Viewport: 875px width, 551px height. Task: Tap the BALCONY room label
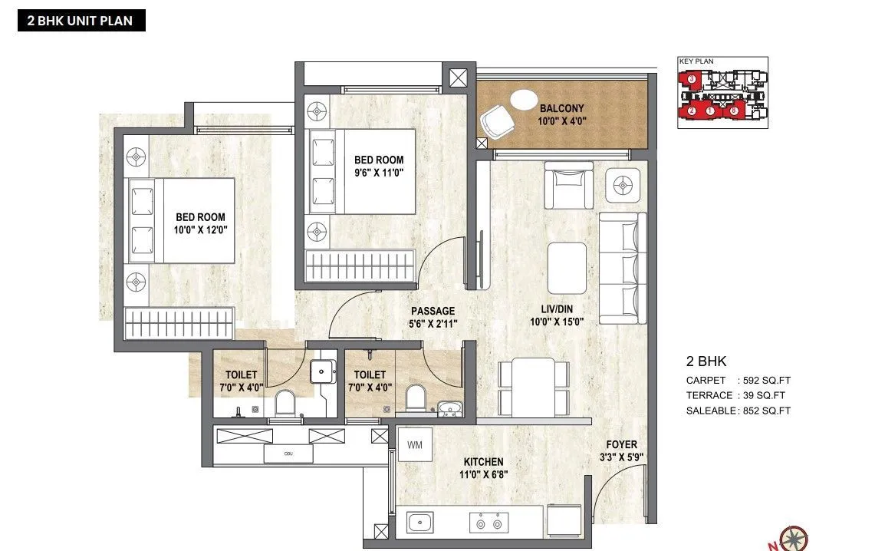(561, 109)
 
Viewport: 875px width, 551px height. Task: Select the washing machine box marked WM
(414, 444)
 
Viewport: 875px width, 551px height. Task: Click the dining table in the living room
(534, 386)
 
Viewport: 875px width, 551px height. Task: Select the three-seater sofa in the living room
(622, 267)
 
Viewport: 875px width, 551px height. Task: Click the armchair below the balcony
(568, 185)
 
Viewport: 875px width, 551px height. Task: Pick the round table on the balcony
(525, 101)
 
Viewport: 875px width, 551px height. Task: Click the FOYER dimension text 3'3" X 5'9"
(620, 457)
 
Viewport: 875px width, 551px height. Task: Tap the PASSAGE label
(433, 311)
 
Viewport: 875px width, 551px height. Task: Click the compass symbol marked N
(791, 538)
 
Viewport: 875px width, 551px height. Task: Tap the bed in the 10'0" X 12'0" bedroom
(181, 220)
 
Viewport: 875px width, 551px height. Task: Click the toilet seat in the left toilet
(285, 402)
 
